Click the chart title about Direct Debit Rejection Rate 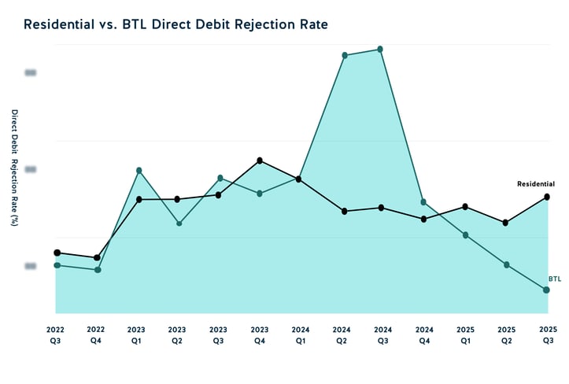(176, 24)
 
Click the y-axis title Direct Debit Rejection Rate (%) (14, 168)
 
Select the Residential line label (535, 184)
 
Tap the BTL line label (554, 279)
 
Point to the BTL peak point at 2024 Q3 (380, 49)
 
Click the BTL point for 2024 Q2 (345, 55)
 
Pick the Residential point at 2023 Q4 (260, 161)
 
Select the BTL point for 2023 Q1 (139, 170)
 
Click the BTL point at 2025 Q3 (545, 290)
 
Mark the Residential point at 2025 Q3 (545, 197)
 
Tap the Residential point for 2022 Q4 (97, 257)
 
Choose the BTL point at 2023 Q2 (179, 223)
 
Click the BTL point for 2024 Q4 (423, 201)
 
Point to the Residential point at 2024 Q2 (345, 211)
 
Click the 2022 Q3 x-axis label (55, 334)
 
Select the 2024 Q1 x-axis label (300, 334)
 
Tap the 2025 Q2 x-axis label (505, 334)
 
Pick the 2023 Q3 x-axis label (219, 334)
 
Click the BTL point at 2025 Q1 (465, 234)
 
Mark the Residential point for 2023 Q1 (139, 199)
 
